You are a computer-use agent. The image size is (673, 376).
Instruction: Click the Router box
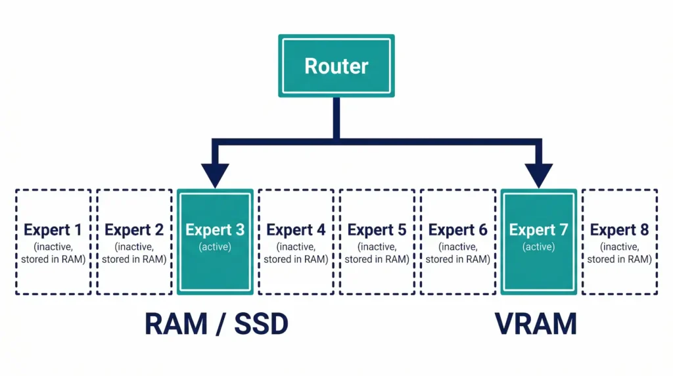tap(336, 66)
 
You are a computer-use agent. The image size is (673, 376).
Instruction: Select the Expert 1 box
tap(53, 241)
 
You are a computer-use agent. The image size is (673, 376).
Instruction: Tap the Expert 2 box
tap(134, 241)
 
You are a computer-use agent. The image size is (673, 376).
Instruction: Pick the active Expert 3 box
tap(215, 241)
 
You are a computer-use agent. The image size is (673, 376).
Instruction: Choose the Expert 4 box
tap(296, 241)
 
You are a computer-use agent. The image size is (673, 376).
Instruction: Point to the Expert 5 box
tap(377, 241)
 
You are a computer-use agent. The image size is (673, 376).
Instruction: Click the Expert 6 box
tap(457, 241)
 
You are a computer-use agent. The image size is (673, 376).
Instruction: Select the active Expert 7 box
tap(538, 241)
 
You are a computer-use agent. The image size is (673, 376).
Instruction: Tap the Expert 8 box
tap(619, 241)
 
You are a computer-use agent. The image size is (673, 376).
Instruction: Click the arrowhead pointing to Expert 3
tap(215, 176)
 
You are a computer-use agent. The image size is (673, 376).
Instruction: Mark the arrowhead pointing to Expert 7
tap(539, 176)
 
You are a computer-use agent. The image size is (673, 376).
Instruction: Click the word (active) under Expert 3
tap(215, 247)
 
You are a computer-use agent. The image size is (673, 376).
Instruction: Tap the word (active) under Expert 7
tap(538, 247)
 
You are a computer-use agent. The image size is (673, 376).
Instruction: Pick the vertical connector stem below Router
tap(336, 118)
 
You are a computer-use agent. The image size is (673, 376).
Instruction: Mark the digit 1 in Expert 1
tap(78, 230)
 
